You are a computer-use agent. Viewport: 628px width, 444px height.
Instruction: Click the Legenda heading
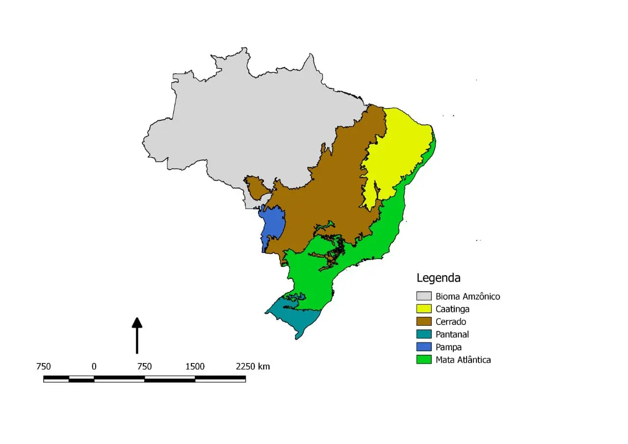[438, 278]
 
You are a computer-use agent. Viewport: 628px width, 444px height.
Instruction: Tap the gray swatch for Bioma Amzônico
[424, 296]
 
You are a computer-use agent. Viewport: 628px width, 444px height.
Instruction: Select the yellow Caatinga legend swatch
[424, 309]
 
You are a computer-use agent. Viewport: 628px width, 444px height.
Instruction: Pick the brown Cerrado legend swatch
[424, 322]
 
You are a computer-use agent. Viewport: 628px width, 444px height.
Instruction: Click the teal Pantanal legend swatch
[424, 335]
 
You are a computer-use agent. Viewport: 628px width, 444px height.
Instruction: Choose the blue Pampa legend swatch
[424, 347]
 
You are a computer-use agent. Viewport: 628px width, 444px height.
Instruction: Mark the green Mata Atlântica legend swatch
[424, 360]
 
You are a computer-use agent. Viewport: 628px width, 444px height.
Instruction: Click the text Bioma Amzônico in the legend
[468, 296]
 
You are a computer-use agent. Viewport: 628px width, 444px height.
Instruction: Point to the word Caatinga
[452, 309]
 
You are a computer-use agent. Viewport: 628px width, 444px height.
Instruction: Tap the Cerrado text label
[451, 322]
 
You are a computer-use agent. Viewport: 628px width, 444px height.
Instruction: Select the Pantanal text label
[452, 335]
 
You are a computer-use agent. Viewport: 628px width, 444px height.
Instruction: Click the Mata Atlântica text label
[463, 360]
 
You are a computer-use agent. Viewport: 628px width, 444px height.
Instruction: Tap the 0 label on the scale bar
[94, 366]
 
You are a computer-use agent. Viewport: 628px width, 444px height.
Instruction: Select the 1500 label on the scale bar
[195, 366]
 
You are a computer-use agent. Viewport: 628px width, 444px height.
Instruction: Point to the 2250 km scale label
[253, 366]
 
